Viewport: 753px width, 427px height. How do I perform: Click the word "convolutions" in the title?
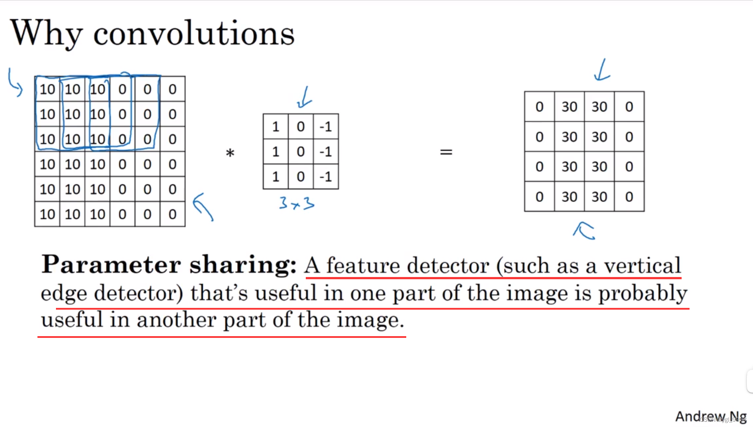(x=193, y=34)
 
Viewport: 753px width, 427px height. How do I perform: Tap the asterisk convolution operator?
(x=230, y=153)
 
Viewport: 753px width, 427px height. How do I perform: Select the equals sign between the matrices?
(x=446, y=152)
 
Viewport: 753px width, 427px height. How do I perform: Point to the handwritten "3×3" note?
(x=297, y=203)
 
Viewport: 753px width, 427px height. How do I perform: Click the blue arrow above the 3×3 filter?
(x=304, y=97)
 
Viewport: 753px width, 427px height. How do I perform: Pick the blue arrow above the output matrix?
(x=602, y=70)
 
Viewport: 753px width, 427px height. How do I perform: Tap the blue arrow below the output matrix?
(x=584, y=230)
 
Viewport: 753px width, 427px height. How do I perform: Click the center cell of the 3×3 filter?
(x=300, y=151)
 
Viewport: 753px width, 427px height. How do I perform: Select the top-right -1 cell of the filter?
(x=326, y=127)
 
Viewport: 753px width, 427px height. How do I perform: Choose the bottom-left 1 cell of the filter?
(x=276, y=176)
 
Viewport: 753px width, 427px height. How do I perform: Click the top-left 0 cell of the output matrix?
(x=540, y=107)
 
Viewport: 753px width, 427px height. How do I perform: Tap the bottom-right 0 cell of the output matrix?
(x=629, y=196)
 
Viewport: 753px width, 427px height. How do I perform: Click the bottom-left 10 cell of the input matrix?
(x=48, y=214)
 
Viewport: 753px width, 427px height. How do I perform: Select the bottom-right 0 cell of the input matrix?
(x=172, y=214)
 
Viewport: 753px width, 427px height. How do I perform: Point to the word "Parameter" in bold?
(x=111, y=265)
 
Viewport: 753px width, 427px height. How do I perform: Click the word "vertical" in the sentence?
(x=642, y=265)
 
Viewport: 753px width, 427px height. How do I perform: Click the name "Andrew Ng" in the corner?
(x=711, y=416)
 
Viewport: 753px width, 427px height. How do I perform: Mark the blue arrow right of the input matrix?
(x=203, y=206)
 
